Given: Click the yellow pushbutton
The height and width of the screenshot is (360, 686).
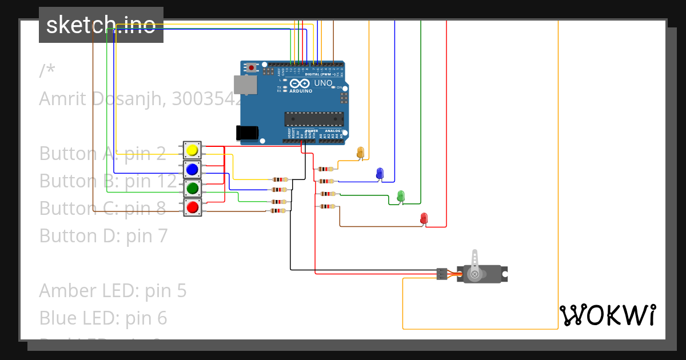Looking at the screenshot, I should [192, 150].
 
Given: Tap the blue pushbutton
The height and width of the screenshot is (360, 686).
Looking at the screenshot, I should [192, 169].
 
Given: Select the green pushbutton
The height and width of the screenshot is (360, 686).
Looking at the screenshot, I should [192, 188].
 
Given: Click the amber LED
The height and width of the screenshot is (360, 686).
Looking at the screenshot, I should [360, 152].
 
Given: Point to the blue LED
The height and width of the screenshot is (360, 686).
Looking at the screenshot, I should [380, 173].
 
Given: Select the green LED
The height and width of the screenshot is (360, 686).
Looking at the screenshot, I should [401, 196].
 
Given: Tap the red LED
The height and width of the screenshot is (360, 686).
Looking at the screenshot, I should [424, 218].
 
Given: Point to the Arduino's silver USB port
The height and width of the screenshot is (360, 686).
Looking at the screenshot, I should [245, 85].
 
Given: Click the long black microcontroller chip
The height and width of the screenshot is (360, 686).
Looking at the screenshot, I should [314, 119].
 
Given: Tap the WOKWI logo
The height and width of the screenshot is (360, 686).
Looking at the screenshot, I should [607, 315].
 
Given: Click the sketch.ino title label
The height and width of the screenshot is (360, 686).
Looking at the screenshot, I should [101, 25].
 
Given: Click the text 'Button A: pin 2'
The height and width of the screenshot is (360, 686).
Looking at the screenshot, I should [102, 153].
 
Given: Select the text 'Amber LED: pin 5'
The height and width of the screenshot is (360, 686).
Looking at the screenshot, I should [113, 290].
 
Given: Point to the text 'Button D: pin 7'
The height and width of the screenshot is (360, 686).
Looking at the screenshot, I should [103, 235].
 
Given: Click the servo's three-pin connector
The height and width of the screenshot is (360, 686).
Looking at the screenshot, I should [441, 274].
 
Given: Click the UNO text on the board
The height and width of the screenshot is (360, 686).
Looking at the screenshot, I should [323, 83].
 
